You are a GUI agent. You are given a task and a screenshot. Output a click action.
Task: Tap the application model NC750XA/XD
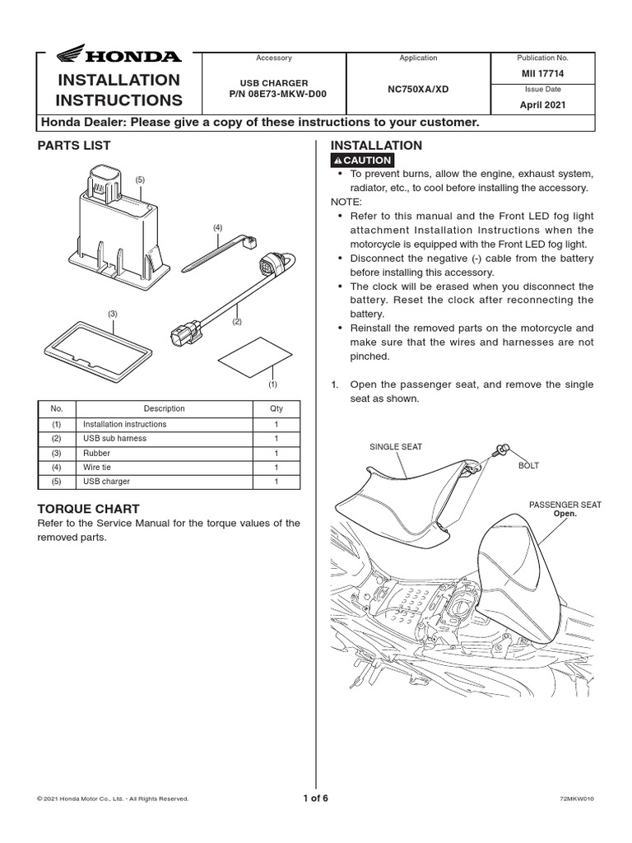coord(417,88)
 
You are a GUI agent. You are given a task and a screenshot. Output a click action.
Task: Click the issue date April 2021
coord(541,105)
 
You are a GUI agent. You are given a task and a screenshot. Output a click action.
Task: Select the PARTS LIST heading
coord(74,146)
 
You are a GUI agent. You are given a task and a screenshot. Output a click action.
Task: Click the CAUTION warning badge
coord(362,160)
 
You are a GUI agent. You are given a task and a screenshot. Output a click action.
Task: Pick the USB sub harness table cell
coord(114,439)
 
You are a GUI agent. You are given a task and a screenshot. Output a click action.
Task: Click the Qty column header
coord(276,408)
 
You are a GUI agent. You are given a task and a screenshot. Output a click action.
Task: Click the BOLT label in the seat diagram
coord(528,466)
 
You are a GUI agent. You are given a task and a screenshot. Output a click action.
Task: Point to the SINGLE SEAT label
coord(395,447)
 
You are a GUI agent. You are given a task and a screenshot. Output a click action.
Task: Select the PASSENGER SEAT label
coord(565,505)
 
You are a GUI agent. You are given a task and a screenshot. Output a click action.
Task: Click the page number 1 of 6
coord(315,798)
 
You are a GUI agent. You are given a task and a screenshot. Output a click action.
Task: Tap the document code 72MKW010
coord(575,799)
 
